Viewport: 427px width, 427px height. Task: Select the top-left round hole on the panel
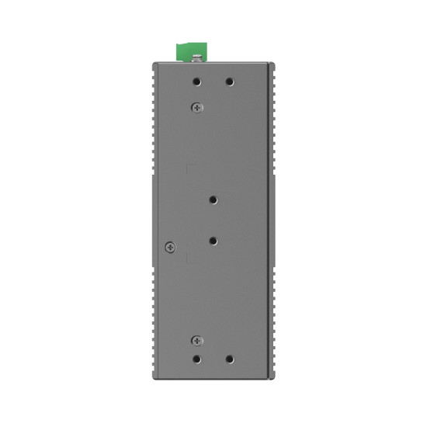click(198, 82)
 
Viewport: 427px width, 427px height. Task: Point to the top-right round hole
click(229, 82)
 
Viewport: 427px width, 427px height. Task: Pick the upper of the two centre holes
click(213, 200)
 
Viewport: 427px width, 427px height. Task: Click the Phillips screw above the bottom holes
click(198, 340)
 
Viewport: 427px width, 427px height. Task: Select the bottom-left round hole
click(198, 359)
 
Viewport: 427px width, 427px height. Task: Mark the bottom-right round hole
click(229, 359)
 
